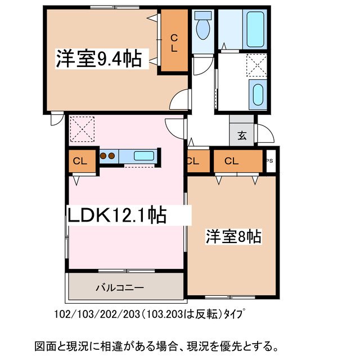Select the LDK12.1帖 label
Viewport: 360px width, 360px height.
[117, 215]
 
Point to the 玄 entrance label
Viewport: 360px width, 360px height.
[242, 135]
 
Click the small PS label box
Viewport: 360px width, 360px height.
[270, 160]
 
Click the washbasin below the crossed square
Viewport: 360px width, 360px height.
[258, 94]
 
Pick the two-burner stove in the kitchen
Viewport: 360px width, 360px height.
[108, 155]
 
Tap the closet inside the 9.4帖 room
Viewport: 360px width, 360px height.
[174, 42]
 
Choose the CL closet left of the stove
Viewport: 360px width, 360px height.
[80, 161]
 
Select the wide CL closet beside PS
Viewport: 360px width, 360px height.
[231, 161]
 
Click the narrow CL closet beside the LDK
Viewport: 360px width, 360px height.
[193, 161]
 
